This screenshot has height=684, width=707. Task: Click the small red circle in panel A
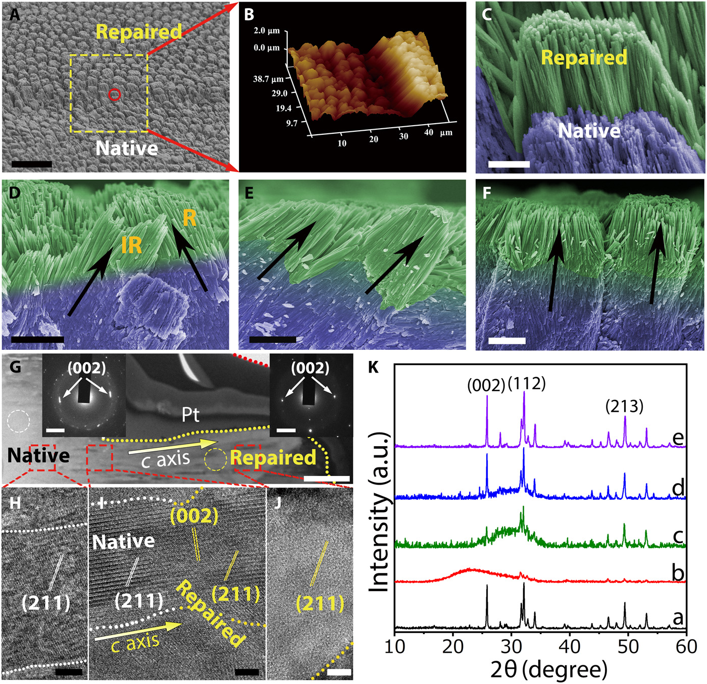click(x=115, y=94)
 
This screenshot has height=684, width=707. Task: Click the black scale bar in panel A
click(x=31, y=164)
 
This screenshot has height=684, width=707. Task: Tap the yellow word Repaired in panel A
click(x=139, y=32)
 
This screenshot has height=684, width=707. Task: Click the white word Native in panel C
click(x=589, y=131)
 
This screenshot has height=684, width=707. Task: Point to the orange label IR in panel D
click(x=131, y=245)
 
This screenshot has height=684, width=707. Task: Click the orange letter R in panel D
click(x=189, y=218)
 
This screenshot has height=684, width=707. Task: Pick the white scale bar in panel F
click(x=507, y=341)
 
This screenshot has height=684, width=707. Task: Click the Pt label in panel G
click(x=190, y=414)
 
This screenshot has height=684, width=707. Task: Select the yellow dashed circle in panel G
click(x=215, y=460)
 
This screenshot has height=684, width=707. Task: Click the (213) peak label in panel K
click(x=625, y=406)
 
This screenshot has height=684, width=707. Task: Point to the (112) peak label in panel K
click(x=527, y=384)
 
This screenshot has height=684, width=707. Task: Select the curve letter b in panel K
click(x=678, y=573)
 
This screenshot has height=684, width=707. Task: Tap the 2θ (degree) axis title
click(x=548, y=669)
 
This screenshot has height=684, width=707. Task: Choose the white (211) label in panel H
click(x=46, y=602)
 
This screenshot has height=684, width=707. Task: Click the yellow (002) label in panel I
click(x=194, y=515)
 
